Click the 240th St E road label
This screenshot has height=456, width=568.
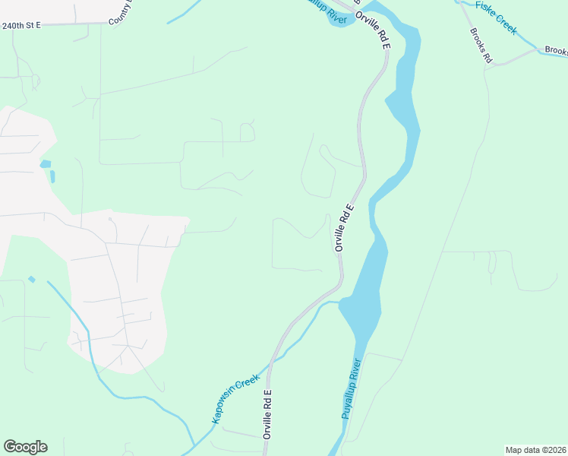coord(21,25)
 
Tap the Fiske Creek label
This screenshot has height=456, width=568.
coord(495,17)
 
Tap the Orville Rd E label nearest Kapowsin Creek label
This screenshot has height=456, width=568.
coord(267,415)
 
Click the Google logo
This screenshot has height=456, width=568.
coord(25,447)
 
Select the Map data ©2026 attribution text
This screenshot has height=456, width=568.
coord(535,449)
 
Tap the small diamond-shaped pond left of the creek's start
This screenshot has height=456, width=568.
coord(31,280)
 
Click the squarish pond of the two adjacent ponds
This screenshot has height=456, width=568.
coord(46,164)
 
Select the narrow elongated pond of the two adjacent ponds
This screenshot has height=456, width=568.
coord(52,176)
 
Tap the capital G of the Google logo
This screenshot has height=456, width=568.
coord(10,447)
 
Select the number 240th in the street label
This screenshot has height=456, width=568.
coord(12,25)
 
